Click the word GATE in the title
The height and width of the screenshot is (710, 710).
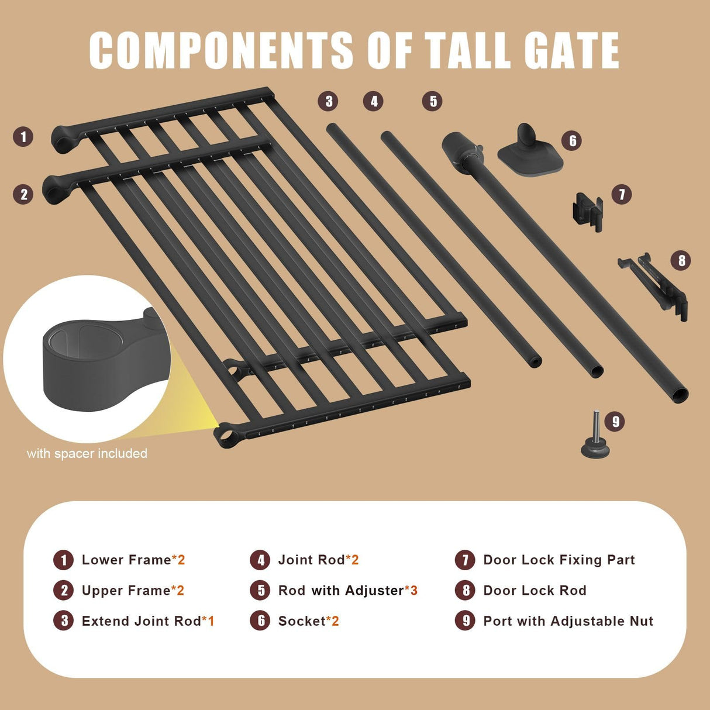[571, 50]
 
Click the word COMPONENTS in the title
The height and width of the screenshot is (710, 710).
[220, 50]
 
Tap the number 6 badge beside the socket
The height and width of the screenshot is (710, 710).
[573, 141]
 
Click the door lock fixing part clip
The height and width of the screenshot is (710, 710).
[587, 209]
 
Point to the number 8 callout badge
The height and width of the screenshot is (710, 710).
[681, 260]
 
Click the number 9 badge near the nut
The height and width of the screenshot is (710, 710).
[615, 421]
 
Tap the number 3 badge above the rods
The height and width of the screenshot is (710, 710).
[329, 101]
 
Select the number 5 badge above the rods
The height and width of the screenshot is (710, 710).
[432, 101]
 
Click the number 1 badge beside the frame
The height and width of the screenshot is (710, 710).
[23, 137]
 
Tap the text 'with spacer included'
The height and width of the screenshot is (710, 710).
[87, 453]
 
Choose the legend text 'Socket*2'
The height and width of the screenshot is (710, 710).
[308, 621]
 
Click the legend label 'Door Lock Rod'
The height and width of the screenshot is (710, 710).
[535, 591]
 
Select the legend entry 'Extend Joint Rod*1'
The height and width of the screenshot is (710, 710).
[148, 621]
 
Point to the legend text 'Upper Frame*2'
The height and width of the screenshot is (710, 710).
[133, 591]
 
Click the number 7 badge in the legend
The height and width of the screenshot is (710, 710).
[465, 560]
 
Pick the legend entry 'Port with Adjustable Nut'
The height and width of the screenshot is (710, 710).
[568, 621]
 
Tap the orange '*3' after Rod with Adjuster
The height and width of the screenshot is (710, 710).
[411, 591]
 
